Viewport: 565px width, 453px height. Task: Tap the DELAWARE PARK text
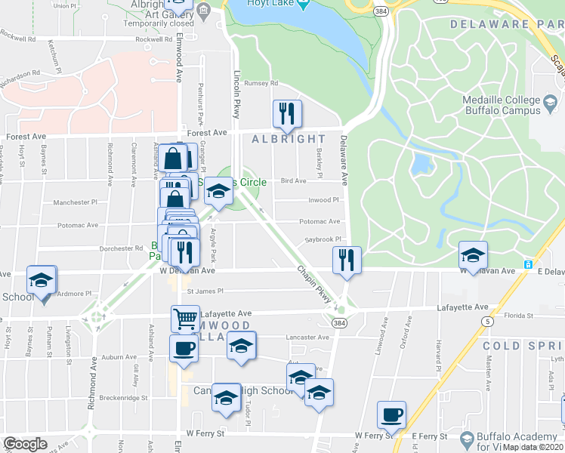[506, 24]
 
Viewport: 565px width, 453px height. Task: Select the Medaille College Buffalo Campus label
[503, 105]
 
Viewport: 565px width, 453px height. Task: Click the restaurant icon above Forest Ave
[287, 114]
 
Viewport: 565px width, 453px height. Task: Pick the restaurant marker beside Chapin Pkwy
[347, 260]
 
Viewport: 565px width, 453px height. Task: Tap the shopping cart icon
[185, 319]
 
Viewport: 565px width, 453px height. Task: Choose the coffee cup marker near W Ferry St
[391, 414]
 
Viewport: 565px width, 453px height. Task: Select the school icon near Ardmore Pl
[42, 280]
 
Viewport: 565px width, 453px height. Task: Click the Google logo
[26, 444]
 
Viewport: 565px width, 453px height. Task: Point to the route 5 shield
[489, 322]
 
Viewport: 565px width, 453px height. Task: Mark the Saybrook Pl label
[324, 239]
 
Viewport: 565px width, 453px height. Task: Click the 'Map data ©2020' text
[533, 447]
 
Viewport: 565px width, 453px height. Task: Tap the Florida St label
[519, 315]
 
